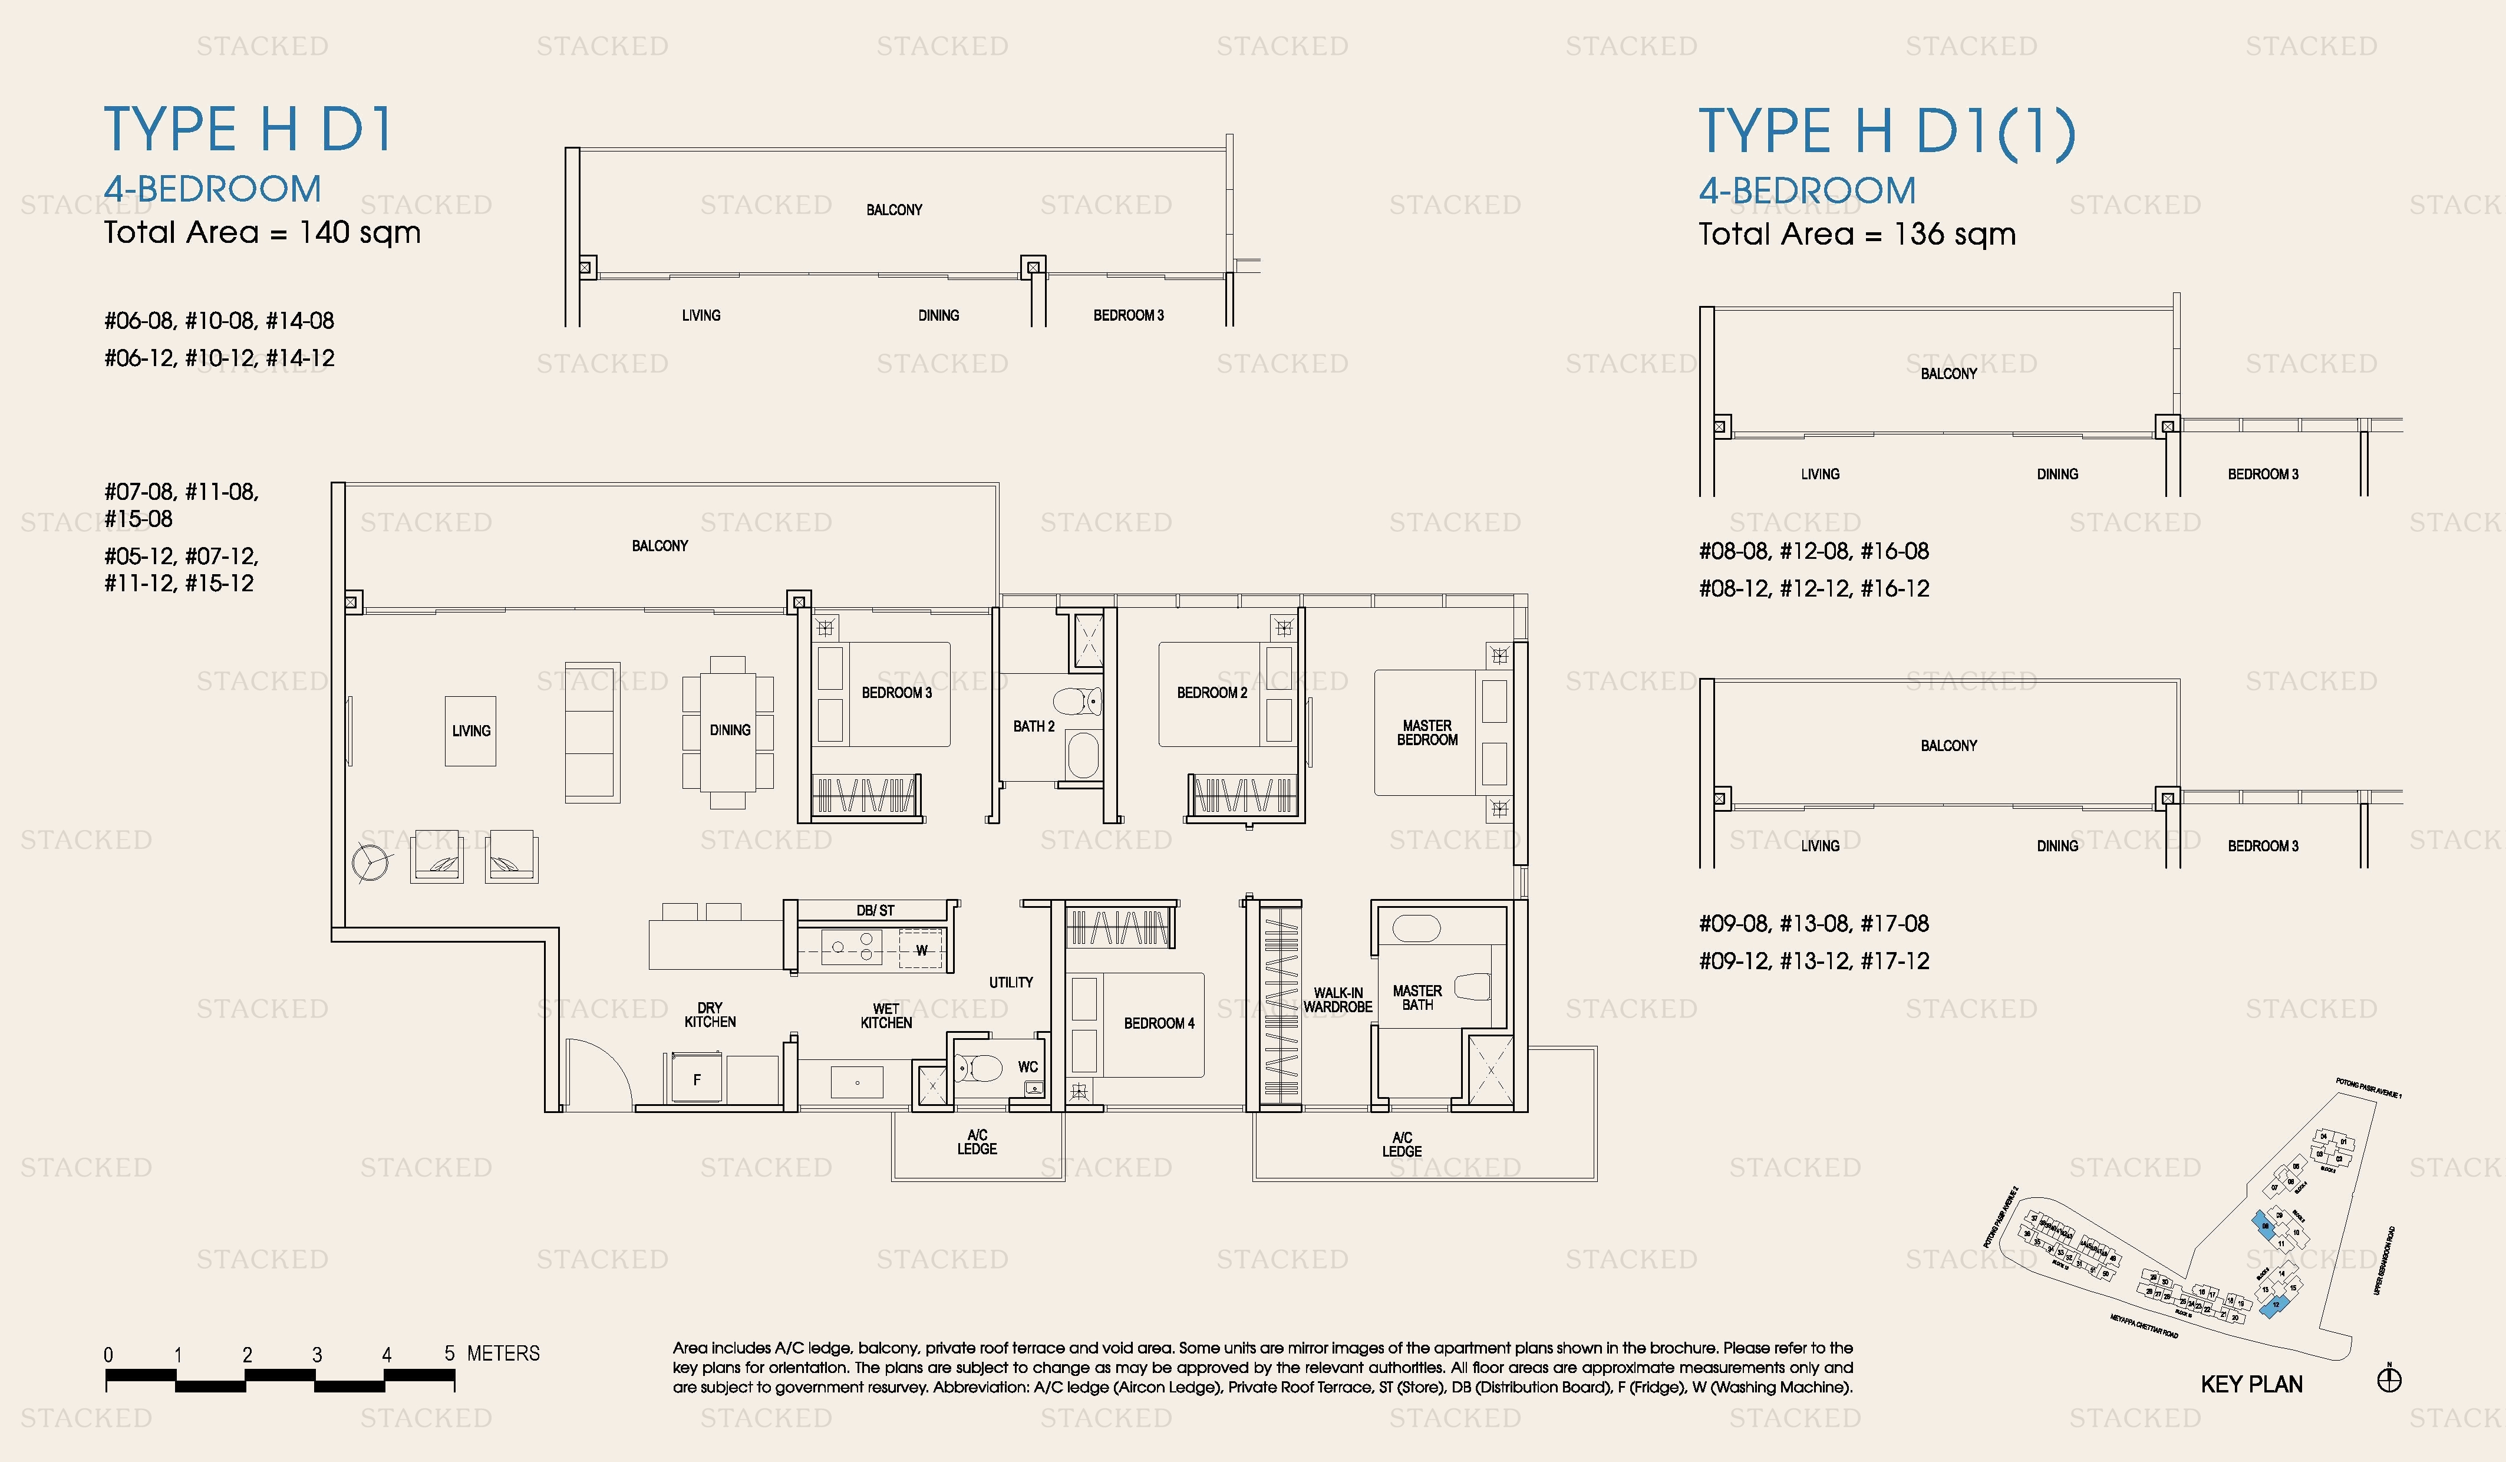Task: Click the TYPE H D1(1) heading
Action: pos(1887,131)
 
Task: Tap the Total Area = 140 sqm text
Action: pos(262,233)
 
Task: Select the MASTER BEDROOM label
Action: pos(1427,733)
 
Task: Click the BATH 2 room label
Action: pos(1033,727)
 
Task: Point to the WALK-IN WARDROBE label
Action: pos(1337,1000)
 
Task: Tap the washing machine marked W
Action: pos(922,950)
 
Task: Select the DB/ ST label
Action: pos(875,910)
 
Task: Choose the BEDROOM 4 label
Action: pos(1159,1023)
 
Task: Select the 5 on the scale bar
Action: pos(450,1354)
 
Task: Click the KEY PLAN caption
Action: pos(2251,1384)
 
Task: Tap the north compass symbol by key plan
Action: pos(2389,1379)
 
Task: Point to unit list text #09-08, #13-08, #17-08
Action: pos(1814,924)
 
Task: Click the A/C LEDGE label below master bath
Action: pos(1401,1145)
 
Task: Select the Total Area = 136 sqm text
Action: pos(1857,235)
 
